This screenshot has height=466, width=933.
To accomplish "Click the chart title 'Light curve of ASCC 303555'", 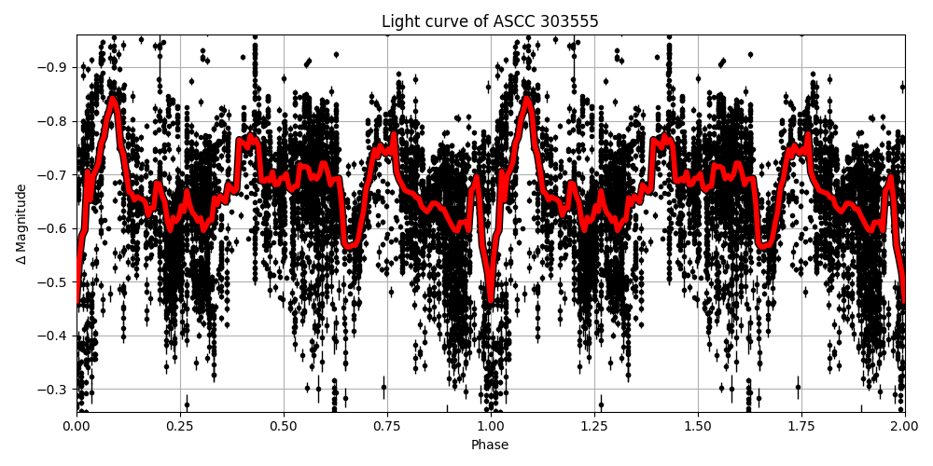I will click(x=490, y=21).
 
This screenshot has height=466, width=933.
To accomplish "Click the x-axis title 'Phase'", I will click(x=490, y=445).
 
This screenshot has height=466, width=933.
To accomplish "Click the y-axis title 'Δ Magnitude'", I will click(x=21, y=224).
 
